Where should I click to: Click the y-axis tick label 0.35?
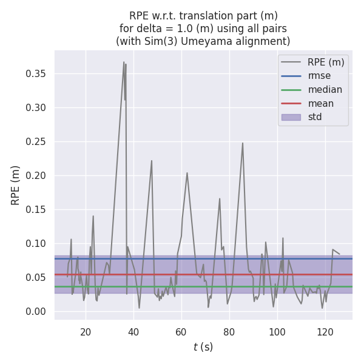click(38, 74)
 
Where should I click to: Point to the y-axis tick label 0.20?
click(38, 176)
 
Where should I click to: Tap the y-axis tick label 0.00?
click(38, 312)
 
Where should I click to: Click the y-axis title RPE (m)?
click(16, 185)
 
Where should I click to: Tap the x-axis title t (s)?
click(203, 348)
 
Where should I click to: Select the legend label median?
click(325, 90)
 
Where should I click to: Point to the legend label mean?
click(320, 103)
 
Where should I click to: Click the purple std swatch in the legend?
click(291, 117)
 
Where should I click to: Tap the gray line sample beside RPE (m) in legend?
click(291, 62)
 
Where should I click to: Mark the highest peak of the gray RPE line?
click(124, 62)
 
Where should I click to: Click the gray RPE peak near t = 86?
click(243, 143)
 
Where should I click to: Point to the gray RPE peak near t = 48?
click(152, 161)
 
